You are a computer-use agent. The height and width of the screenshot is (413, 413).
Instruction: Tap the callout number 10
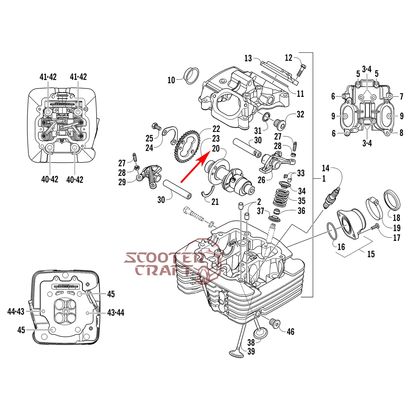coord(171,80)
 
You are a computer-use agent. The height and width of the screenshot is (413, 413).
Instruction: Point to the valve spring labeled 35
coord(280,197)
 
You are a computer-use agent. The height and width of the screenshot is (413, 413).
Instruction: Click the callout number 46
coord(290,332)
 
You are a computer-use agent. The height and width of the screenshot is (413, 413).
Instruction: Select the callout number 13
coord(248,58)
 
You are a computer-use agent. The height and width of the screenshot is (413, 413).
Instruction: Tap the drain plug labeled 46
coord(275,324)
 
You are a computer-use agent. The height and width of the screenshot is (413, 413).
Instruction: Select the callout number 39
coord(251,351)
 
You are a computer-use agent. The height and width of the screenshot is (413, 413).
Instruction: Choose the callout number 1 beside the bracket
coord(324,179)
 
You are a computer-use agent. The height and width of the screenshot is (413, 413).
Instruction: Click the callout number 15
coord(371,254)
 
